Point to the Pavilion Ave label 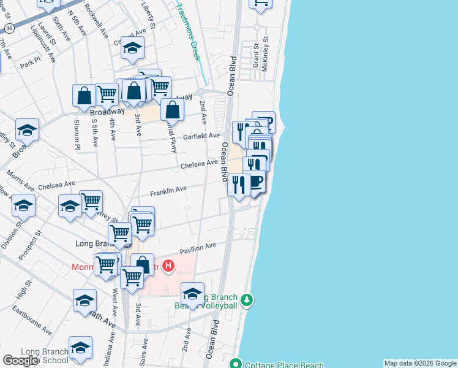(198, 247)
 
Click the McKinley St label (266, 57)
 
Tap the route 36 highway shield (9, 29)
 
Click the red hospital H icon (169, 266)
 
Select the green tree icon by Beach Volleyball (247, 300)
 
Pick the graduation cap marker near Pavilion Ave (192, 294)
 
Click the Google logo (20, 361)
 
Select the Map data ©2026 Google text (420, 363)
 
